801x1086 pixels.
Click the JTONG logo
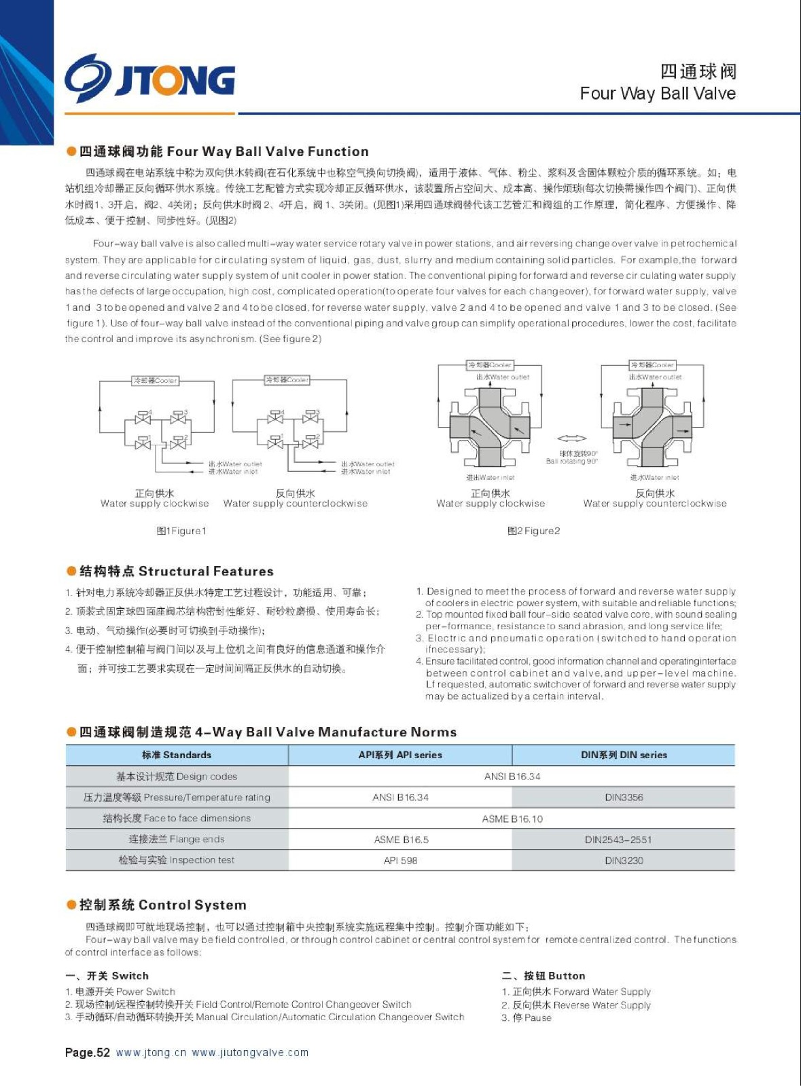click(x=150, y=79)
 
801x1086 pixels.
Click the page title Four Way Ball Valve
click(x=657, y=94)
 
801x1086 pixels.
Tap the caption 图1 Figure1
click(x=181, y=531)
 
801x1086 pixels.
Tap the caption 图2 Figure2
click(x=533, y=531)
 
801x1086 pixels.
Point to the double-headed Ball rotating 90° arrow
click(x=571, y=439)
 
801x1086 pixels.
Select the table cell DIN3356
click(x=624, y=798)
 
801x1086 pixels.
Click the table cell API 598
click(x=400, y=861)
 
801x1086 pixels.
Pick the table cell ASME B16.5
click(x=401, y=840)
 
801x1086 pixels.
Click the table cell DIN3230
click(x=624, y=861)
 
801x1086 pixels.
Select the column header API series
click(x=400, y=755)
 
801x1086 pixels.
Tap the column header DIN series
click(x=624, y=755)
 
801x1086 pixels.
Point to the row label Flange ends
click(x=177, y=840)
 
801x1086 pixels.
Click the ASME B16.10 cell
click(x=512, y=819)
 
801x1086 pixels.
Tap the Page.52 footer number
click(x=87, y=1053)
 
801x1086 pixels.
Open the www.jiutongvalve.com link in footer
click(x=250, y=1053)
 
